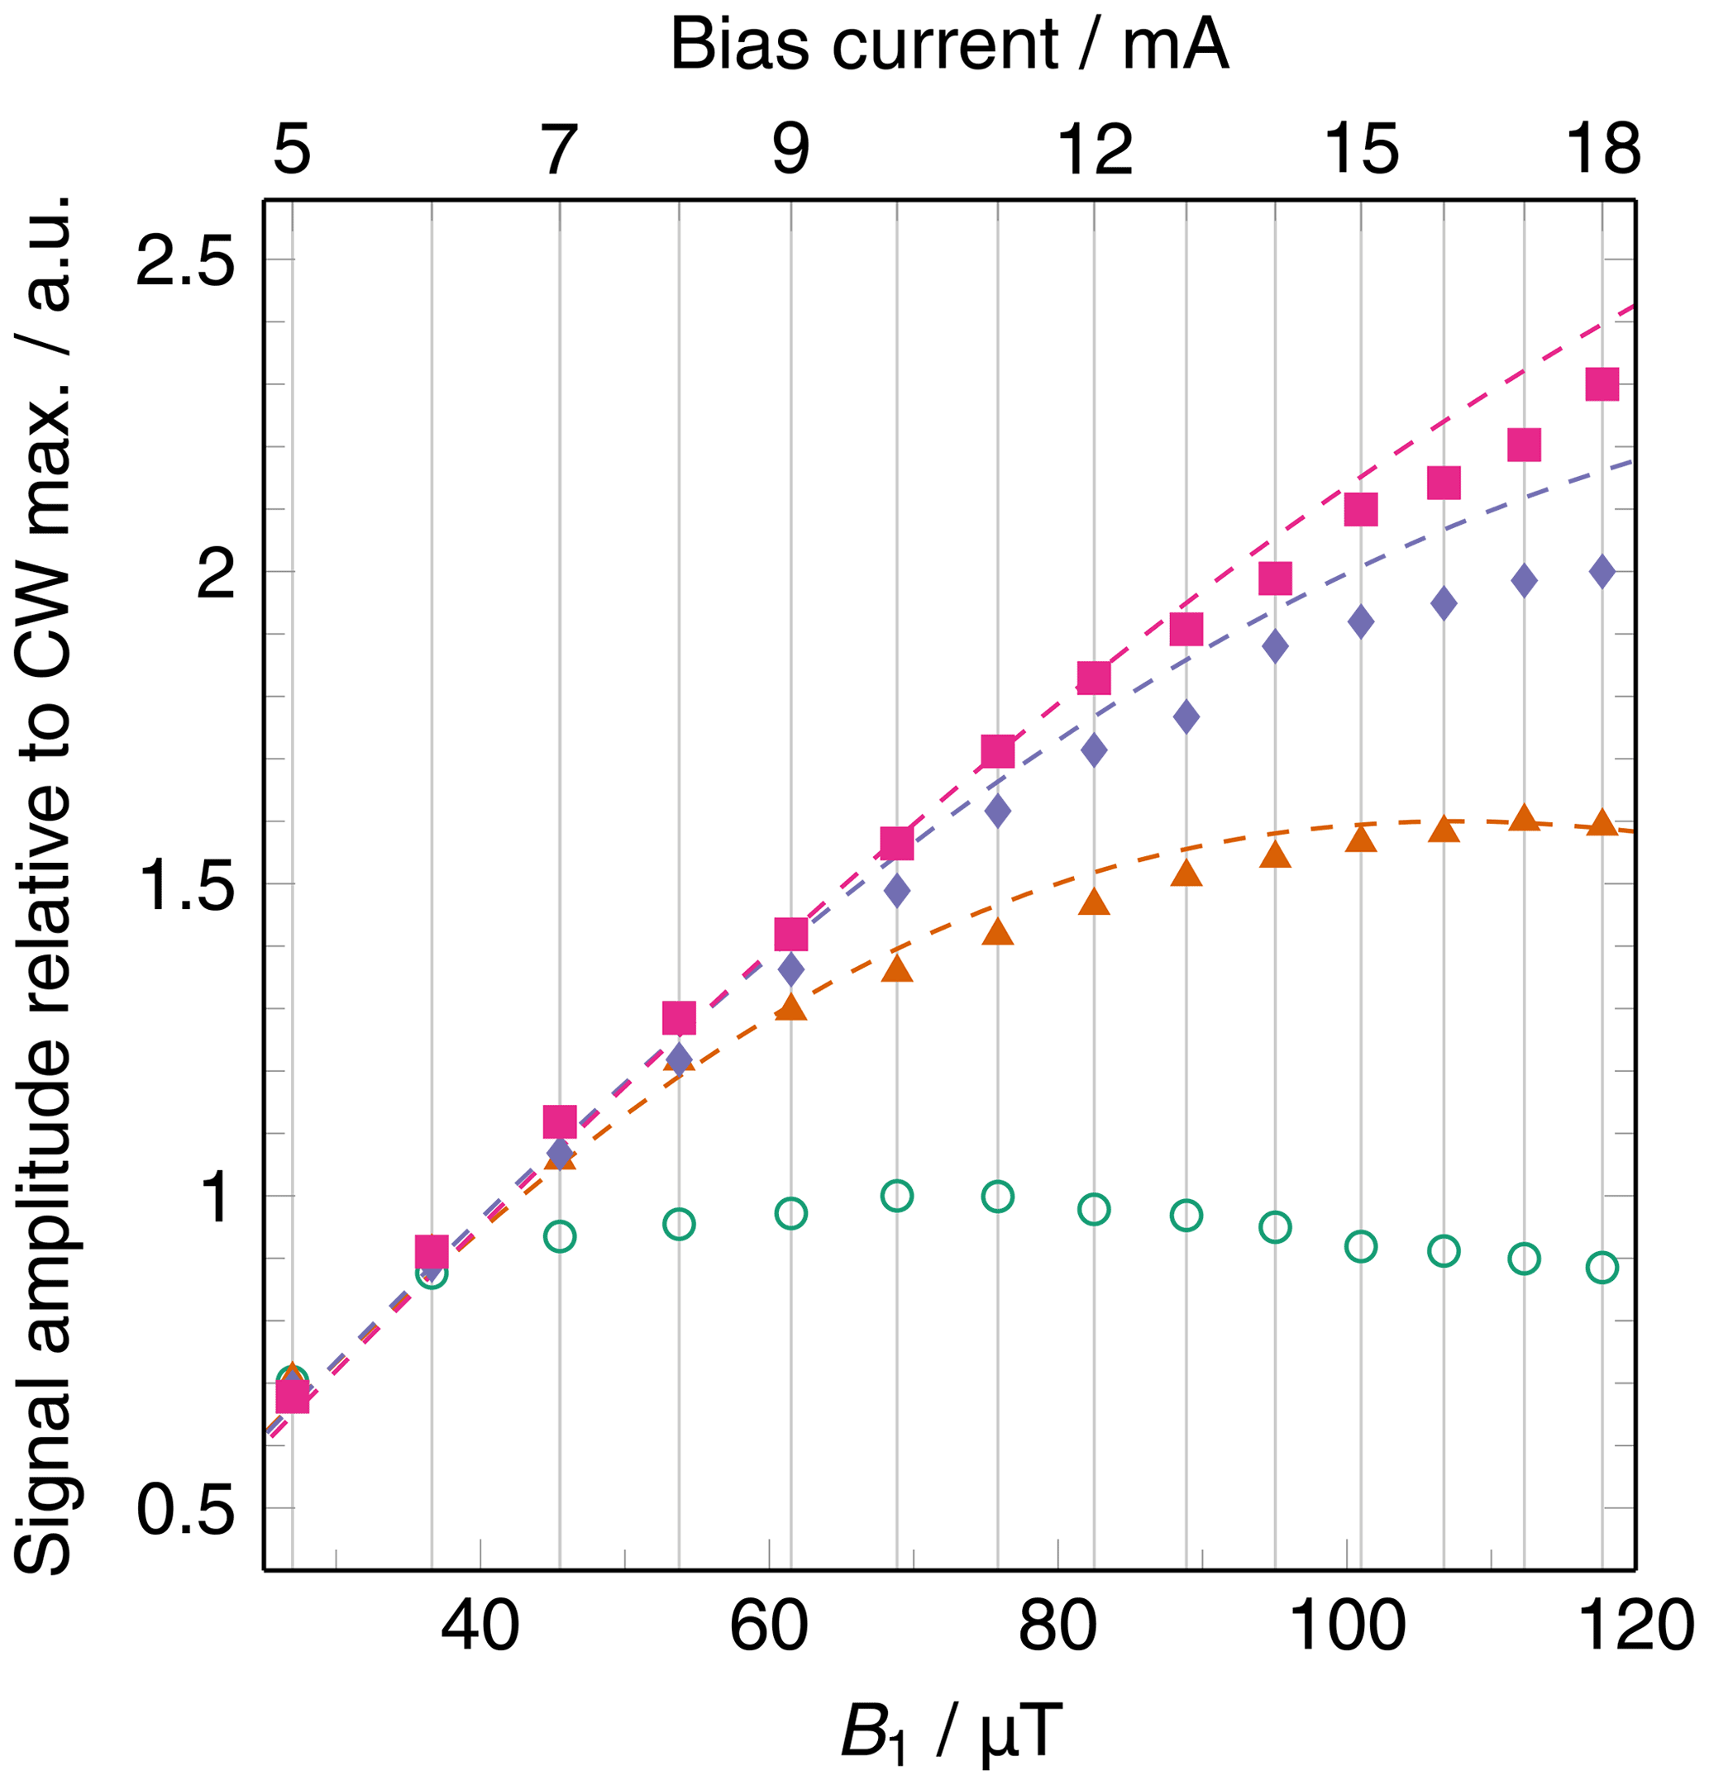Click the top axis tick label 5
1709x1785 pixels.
[292, 149]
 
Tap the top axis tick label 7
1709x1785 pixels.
[560, 149]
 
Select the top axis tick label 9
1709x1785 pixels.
[790, 149]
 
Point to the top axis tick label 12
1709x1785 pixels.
[1094, 149]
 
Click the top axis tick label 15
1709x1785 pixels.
[1361, 149]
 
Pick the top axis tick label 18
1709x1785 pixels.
[1602, 149]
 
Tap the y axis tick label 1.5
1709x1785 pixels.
[185, 887]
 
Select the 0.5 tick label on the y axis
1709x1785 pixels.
[185, 1511]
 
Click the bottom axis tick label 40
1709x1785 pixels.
[480, 1626]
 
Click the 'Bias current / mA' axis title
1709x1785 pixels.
[949, 44]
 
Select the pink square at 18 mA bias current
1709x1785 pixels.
[1602, 384]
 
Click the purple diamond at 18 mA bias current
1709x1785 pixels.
[1602, 572]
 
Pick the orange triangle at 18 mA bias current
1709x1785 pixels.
[1602, 822]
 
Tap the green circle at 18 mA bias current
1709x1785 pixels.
[1602, 1267]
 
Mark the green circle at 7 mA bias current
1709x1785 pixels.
[560, 1235]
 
